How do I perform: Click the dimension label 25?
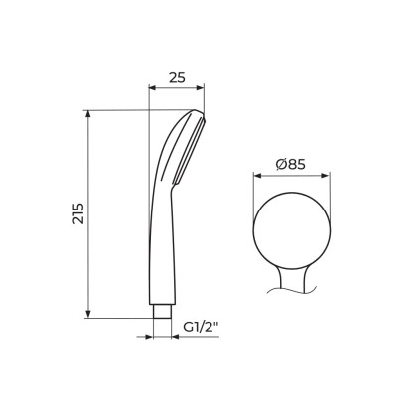point(177,78)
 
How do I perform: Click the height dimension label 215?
point(78,213)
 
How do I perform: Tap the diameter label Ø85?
point(290,164)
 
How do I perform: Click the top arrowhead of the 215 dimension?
point(88,114)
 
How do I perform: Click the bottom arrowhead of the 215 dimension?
point(88,314)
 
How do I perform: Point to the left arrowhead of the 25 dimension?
point(153,87)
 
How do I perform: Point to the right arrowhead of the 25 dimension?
point(201,87)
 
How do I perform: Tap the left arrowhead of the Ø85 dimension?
point(257,176)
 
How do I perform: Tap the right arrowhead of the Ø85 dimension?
point(326,176)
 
